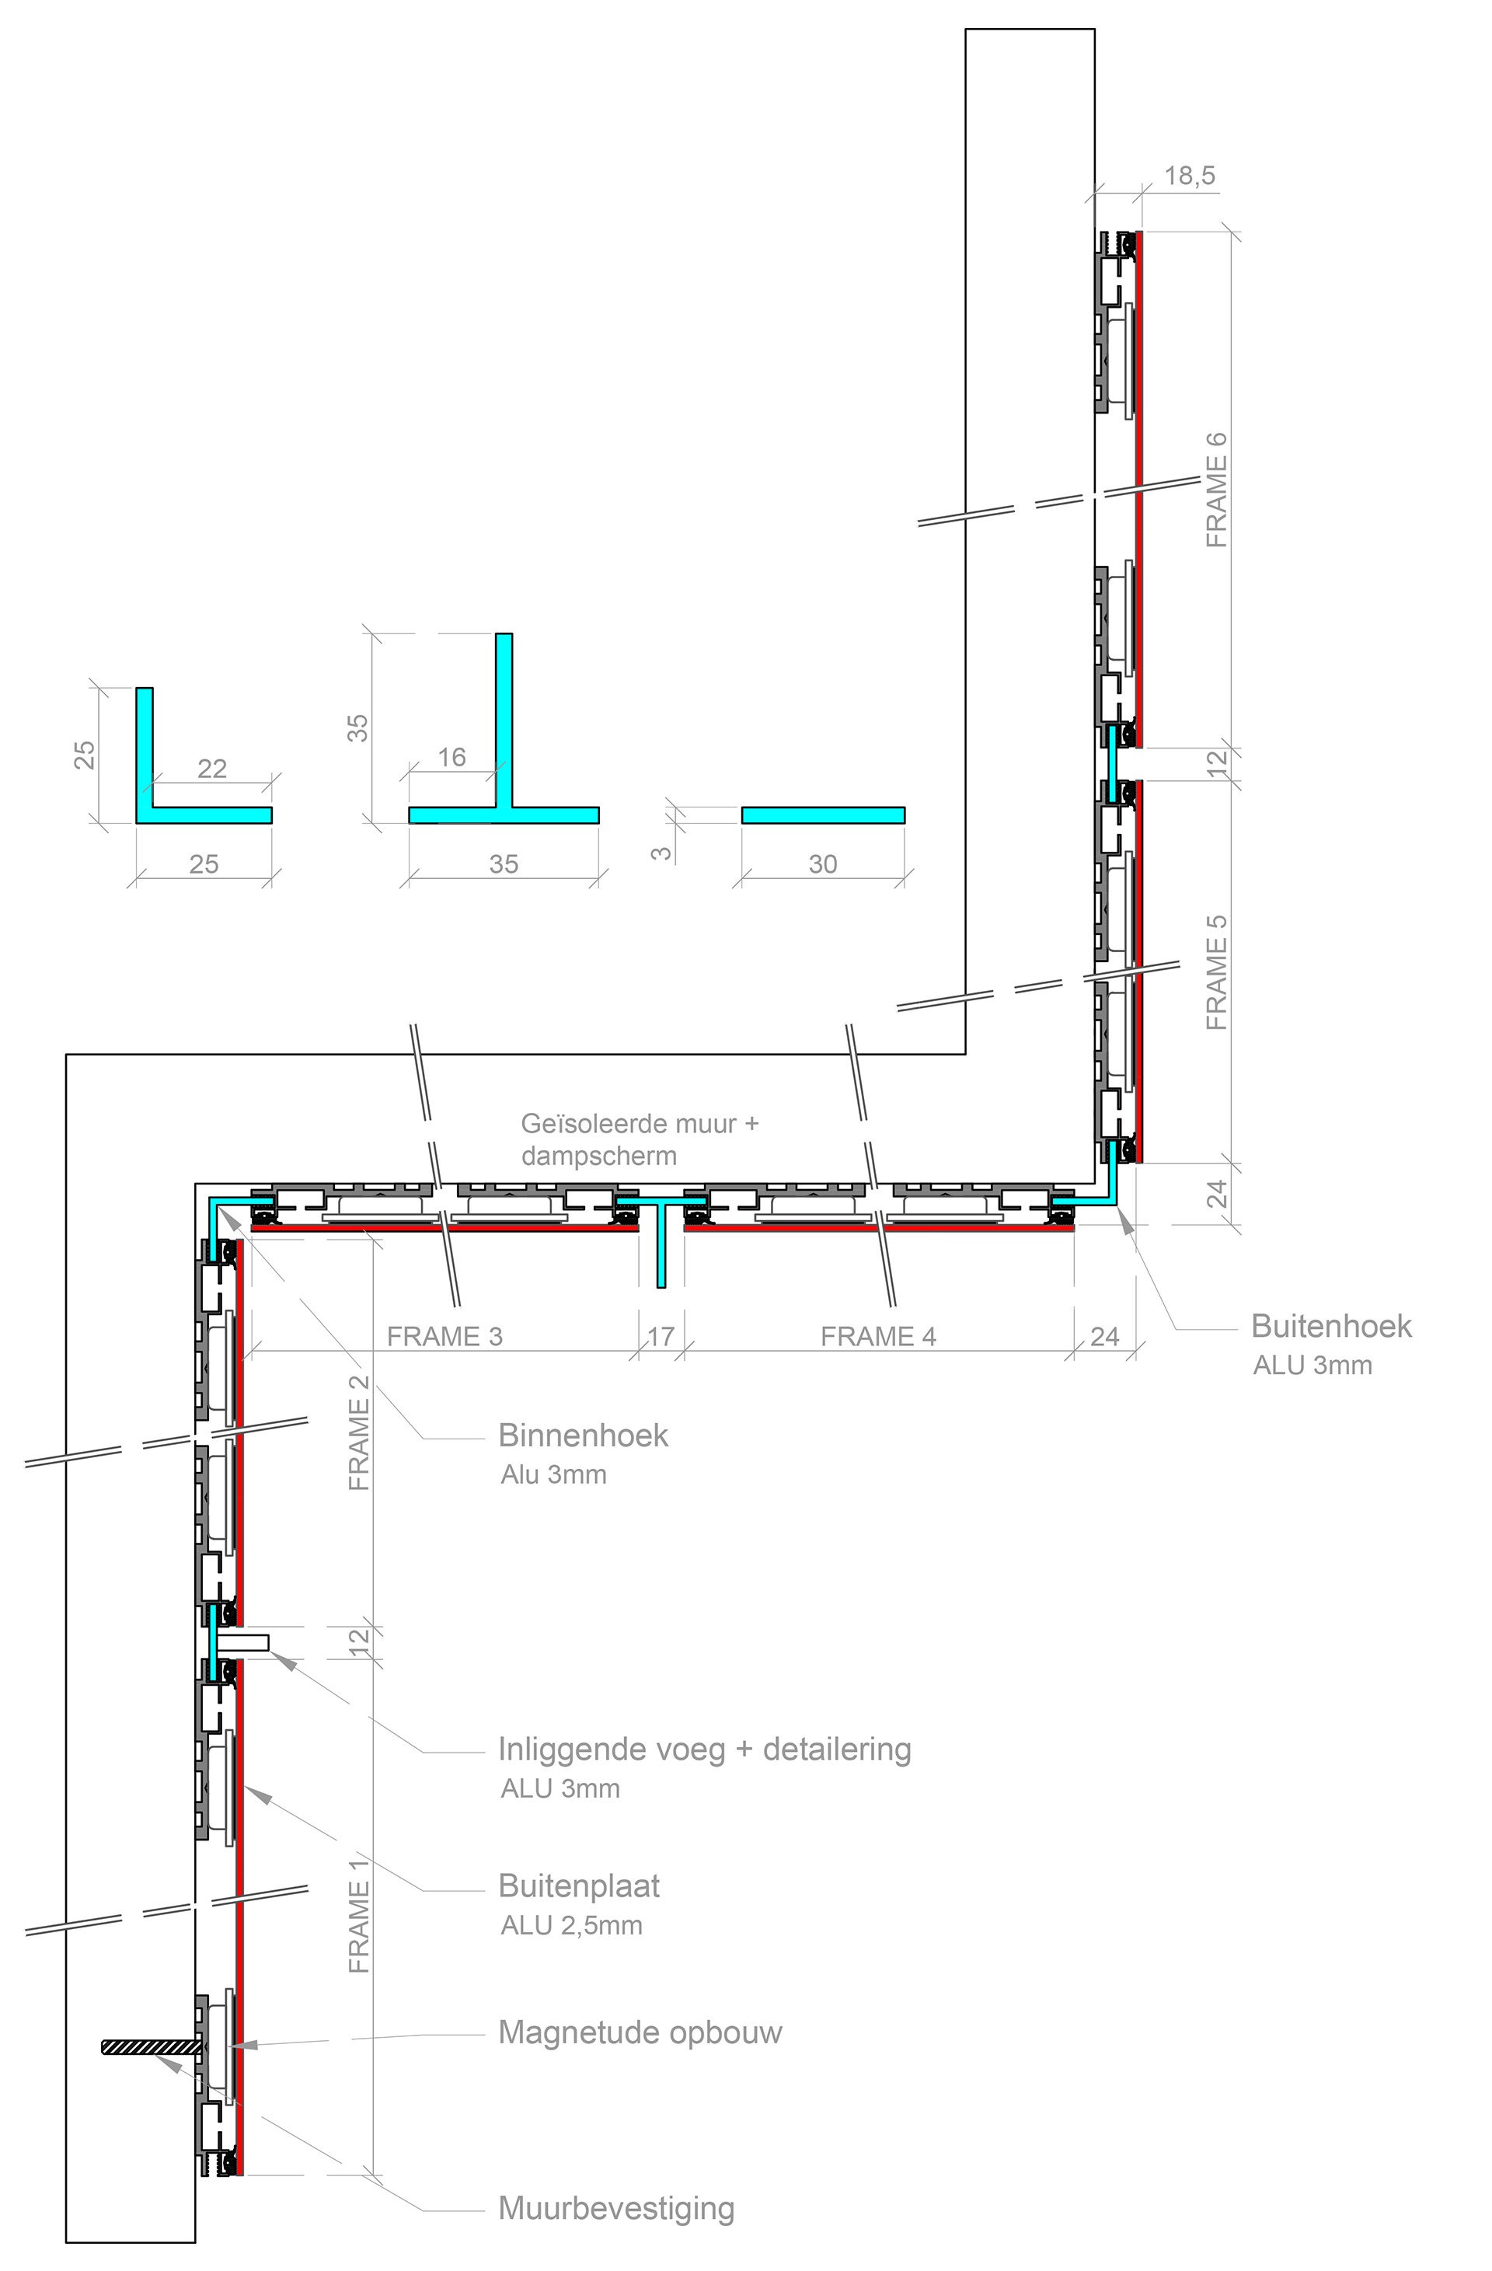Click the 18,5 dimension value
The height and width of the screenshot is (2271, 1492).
pos(1190,176)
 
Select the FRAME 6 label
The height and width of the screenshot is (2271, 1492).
pos(1216,490)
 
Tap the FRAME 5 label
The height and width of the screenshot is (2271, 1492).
pos(1216,972)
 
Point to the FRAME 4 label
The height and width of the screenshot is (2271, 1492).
pos(877,1337)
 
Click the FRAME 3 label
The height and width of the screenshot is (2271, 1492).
pos(444,1337)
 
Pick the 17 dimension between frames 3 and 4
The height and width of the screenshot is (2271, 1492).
pos(661,1337)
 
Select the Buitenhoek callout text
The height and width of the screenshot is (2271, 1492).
pos(1331,1327)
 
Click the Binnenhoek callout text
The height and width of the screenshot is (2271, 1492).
pos(583,1436)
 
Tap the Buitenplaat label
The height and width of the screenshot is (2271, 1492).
pos(579,1886)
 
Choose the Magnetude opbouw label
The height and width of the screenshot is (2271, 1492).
pos(640,2033)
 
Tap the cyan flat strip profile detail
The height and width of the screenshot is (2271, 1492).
pos(822,815)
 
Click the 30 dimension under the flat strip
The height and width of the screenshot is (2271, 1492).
pos(822,864)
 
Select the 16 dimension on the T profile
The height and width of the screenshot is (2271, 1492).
pos(451,758)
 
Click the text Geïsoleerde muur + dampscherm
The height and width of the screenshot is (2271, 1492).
pos(640,1139)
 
